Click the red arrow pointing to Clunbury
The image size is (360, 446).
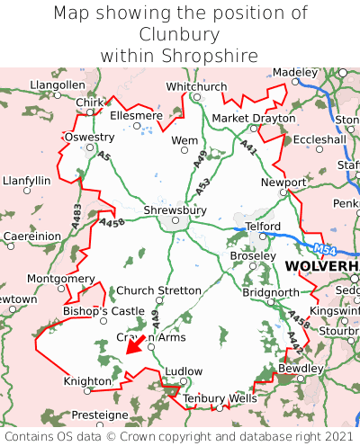click(x=134, y=344)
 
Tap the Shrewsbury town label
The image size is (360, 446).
click(x=175, y=210)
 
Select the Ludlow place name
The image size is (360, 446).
click(x=184, y=370)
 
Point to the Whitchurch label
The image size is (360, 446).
click(x=197, y=86)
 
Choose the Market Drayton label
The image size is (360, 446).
click(x=253, y=119)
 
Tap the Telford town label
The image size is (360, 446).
click(x=263, y=227)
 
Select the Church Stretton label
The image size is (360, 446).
click(x=159, y=290)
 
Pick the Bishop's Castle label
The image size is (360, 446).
click(x=103, y=311)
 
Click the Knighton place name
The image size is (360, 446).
click(x=87, y=381)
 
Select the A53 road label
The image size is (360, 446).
click(x=204, y=186)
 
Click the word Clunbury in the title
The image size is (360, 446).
click(x=179, y=34)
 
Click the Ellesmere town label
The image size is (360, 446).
click(x=136, y=115)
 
